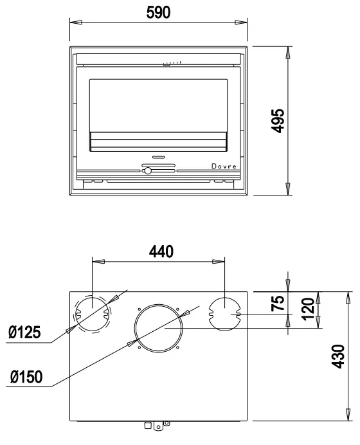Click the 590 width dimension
(x=158, y=12)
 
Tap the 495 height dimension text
(x=278, y=121)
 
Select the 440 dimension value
(x=161, y=251)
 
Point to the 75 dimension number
(x=278, y=303)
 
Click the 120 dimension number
(x=308, y=309)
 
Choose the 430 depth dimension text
(x=338, y=356)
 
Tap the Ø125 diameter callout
(x=24, y=332)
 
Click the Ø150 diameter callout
(x=26, y=377)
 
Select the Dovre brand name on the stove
(x=224, y=167)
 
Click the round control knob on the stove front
(x=148, y=171)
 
